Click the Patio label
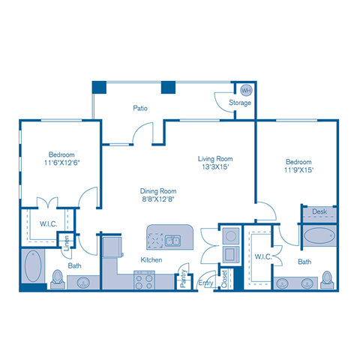coord(139,108)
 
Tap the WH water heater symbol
coord(245,90)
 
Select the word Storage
coord(240,103)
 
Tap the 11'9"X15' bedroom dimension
coord(298,170)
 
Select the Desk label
coord(319,213)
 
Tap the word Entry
coord(205,283)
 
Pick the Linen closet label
coord(66,243)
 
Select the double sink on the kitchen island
coord(173,241)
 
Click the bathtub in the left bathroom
coord(34,268)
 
